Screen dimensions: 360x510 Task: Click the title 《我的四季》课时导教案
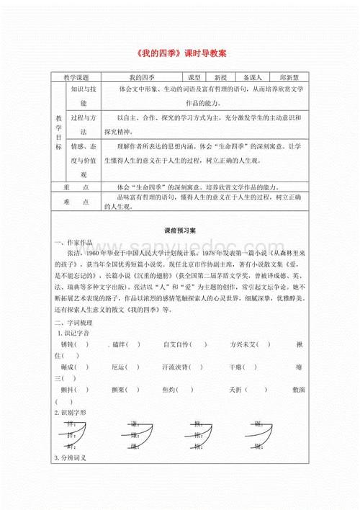(180, 53)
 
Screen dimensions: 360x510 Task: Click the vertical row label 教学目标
(59, 131)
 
